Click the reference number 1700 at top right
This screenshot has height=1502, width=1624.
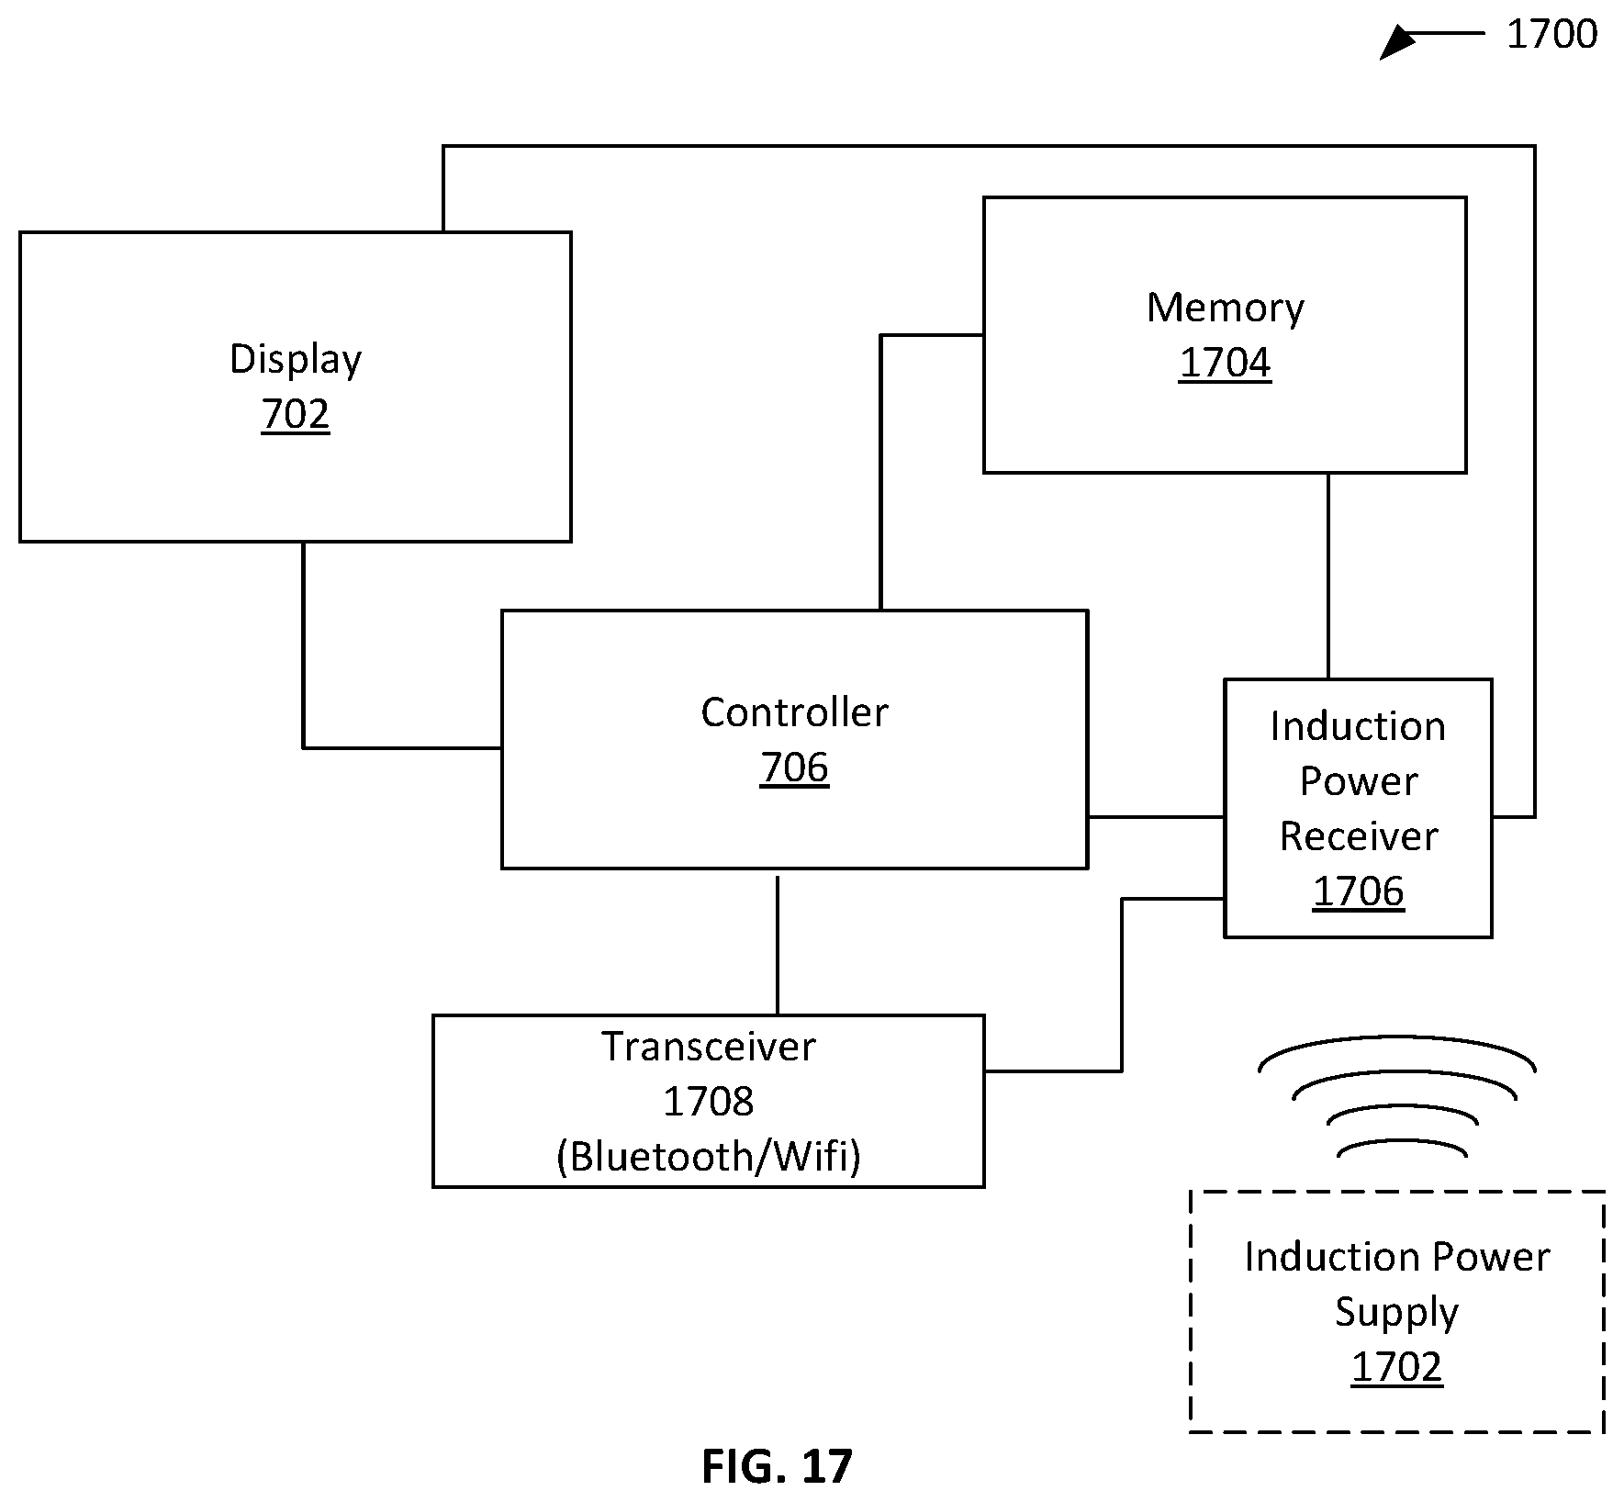(1551, 34)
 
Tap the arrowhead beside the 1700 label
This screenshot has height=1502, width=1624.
(1395, 42)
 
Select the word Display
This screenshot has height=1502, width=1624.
(296, 360)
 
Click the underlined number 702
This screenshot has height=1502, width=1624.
(296, 414)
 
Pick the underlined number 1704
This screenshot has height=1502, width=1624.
(1226, 363)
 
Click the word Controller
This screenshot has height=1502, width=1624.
(794, 712)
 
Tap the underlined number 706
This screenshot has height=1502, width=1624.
(794, 768)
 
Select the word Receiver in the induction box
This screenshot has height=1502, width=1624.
(1359, 836)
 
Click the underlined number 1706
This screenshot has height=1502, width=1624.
(1359, 891)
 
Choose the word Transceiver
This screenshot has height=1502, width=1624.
(709, 1047)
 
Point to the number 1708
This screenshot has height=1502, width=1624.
(709, 1101)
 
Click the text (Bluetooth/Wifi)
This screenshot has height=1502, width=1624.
(709, 1157)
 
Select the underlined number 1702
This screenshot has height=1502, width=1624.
(1396, 1367)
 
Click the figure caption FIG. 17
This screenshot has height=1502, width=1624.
(777, 1467)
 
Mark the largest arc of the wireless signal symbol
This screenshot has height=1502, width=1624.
(1396, 1038)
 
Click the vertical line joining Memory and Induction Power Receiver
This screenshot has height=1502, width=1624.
(1327, 577)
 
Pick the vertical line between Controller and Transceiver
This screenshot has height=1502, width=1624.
(778, 946)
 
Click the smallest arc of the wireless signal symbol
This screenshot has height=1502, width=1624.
(1402, 1142)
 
